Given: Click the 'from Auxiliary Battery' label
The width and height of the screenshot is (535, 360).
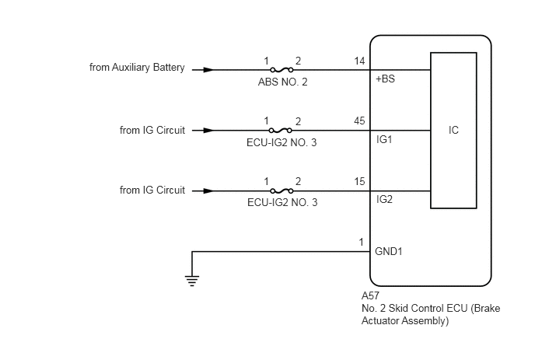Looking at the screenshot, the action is coord(137,68).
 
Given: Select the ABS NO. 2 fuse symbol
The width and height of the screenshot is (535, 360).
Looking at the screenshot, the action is coord(281,70).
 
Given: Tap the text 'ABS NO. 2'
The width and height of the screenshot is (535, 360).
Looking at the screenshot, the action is coord(282,82).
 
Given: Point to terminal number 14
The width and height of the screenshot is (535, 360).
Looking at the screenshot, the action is coord(359,61).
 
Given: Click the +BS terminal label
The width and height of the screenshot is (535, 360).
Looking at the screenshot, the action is coord(385,79).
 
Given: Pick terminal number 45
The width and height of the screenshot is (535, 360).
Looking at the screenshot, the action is coord(359,121).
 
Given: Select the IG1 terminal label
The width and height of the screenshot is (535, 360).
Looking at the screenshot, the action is coord(384,139).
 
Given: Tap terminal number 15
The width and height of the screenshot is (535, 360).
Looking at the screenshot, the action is coord(359,181).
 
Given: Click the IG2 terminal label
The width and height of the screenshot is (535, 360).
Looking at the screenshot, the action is coord(384,199).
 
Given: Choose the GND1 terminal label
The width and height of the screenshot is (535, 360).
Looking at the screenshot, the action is coord(389,251).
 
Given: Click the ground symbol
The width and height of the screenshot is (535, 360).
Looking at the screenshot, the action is coord(192,281).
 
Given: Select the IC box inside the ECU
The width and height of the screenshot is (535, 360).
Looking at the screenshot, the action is coord(453,131).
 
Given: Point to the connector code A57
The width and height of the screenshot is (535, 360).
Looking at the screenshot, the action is coord(370,295).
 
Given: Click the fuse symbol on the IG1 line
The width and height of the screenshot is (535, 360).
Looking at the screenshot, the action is coord(281,131).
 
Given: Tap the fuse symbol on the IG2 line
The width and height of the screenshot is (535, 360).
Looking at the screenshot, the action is coord(281,190).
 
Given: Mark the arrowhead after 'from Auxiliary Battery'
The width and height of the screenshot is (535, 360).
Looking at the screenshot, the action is coord(208,70).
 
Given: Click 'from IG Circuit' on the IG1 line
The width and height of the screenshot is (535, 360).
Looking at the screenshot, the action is coord(152,131).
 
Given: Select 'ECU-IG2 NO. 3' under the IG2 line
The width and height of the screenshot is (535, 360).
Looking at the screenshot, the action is coord(282,202).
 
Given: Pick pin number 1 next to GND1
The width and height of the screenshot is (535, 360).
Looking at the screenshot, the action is coord(362,243).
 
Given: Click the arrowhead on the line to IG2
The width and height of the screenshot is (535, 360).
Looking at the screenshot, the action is coord(208,190).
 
